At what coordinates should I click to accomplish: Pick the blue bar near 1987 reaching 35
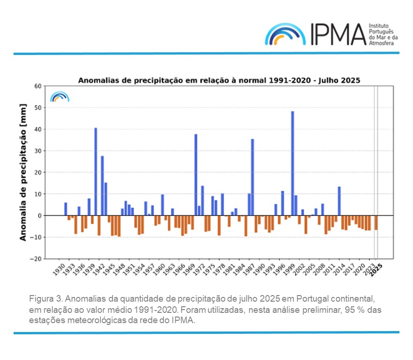(252, 177)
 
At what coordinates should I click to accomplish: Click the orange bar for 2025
(376, 223)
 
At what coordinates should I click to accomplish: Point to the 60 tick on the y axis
(51, 86)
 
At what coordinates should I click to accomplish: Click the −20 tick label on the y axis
(49, 259)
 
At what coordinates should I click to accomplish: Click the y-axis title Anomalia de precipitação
(22, 172)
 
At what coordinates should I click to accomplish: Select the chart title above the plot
(219, 80)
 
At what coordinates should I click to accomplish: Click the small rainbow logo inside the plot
(60, 97)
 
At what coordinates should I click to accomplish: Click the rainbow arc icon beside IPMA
(285, 35)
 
